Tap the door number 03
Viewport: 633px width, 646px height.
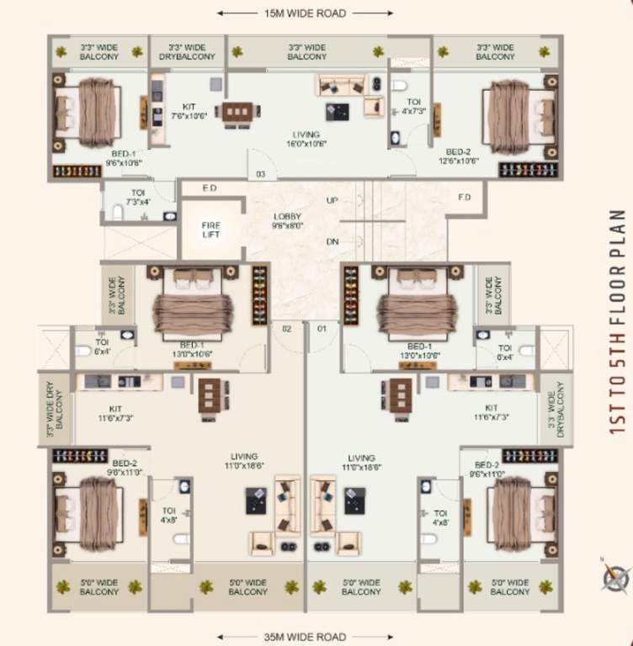point(261,174)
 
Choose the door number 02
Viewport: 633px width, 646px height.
point(286,328)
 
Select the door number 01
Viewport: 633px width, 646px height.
point(320,328)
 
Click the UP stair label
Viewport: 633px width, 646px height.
point(332,201)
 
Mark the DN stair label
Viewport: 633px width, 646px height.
point(332,241)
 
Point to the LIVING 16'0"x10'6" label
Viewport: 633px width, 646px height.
point(306,139)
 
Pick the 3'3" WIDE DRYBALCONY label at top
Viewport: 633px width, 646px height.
point(187,52)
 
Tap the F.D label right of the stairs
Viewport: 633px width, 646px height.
point(465,198)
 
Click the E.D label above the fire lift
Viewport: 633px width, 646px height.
point(210,188)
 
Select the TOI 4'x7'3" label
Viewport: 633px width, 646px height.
point(413,107)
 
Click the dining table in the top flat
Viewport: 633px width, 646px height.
point(237,112)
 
